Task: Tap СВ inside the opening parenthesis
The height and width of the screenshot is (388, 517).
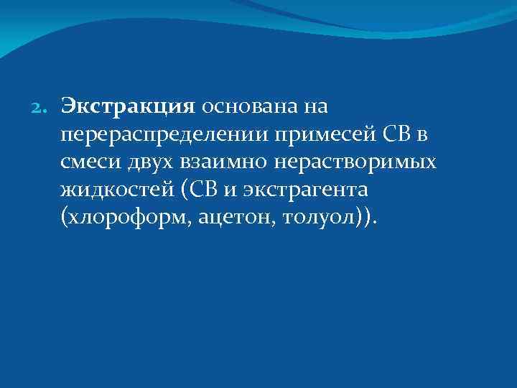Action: pyautogui.click(x=202, y=190)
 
